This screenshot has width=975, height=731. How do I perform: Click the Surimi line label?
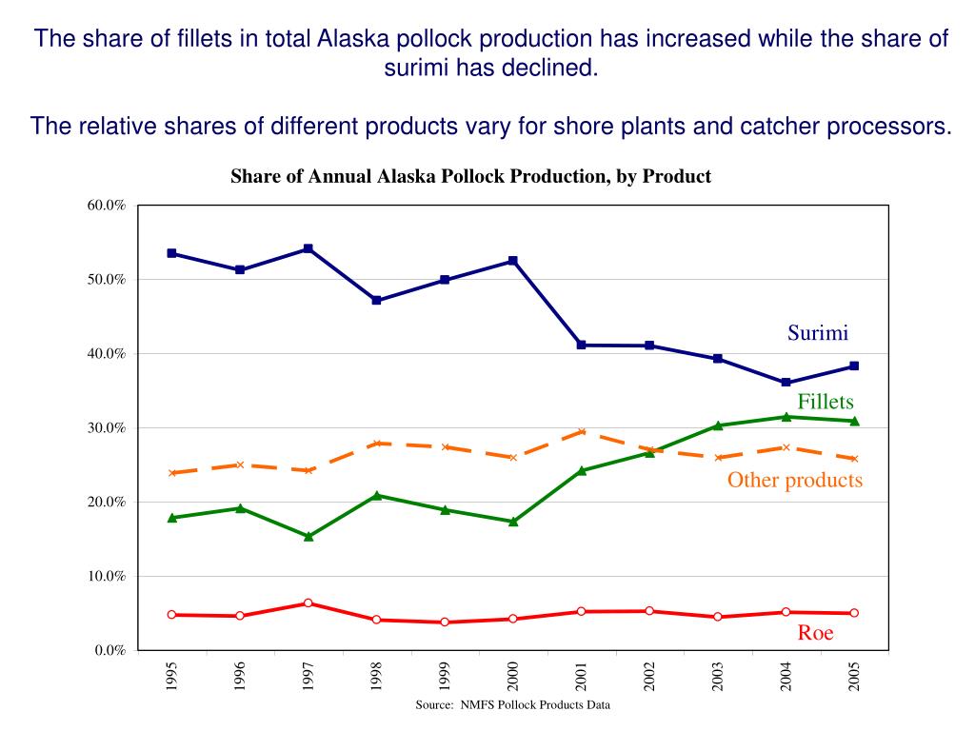click(x=817, y=333)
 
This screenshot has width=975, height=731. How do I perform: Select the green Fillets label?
click(x=825, y=402)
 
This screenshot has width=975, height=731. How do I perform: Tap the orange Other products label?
click(x=795, y=480)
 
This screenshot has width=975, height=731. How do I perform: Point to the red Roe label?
click(x=815, y=633)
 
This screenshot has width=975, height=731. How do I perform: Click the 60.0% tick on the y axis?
click(x=106, y=206)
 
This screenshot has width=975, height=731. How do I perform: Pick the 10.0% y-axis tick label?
click(x=106, y=576)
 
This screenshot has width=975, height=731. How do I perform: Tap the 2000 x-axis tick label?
click(x=513, y=678)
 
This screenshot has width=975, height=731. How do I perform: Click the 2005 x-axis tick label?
click(x=854, y=678)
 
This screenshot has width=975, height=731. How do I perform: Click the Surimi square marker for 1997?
click(x=308, y=248)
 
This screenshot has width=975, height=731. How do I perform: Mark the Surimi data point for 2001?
click(x=581, y=345)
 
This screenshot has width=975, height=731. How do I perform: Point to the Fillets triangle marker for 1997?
click(x=308, y=536)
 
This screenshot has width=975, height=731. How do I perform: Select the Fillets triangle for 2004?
click(x=786, y=417)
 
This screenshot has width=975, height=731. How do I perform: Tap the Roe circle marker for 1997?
click(x=308, y=603)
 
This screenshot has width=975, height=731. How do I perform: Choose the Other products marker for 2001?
click(x=581, y=431)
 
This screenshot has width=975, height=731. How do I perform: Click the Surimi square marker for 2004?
click(x=786, y=383)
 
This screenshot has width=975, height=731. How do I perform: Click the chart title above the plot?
click(x=470, y=177)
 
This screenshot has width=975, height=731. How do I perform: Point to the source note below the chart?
click(x=512, y=705)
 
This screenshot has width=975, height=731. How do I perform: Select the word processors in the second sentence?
click(x=896, y=126)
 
